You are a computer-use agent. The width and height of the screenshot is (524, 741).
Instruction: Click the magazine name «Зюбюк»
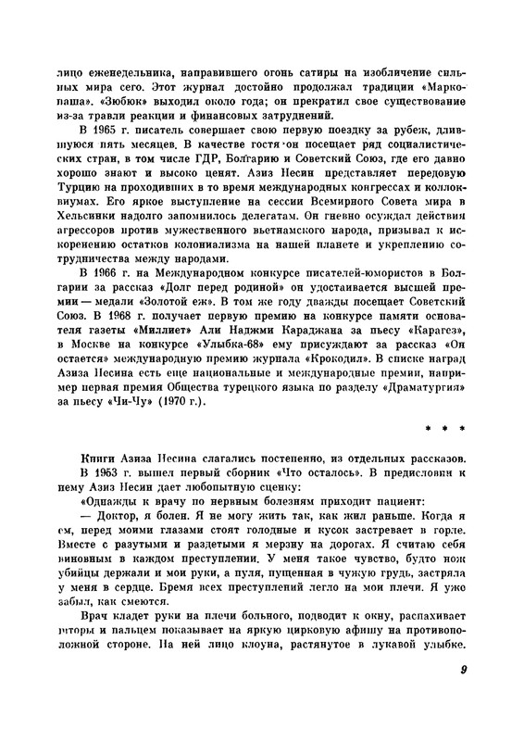[x=105, y=101]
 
